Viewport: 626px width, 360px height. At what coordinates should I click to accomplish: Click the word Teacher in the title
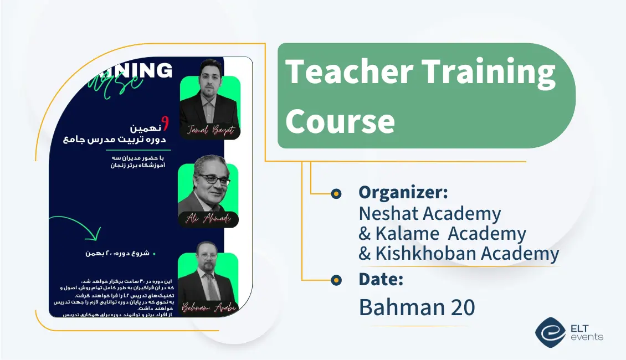point(349,73)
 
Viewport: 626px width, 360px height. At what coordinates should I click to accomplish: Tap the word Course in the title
point(340,121)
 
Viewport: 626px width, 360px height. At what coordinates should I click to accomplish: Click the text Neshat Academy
point(430,213)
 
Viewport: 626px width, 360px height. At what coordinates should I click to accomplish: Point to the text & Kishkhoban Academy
point(459,254)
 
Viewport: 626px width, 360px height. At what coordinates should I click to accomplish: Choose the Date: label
point(381,280)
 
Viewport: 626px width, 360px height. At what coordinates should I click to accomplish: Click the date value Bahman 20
point(417,307)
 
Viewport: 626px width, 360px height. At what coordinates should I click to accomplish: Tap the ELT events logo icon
point(550,331)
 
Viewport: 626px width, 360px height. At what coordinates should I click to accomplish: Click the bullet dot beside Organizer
point(336,193)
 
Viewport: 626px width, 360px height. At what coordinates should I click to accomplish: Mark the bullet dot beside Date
point(336,280)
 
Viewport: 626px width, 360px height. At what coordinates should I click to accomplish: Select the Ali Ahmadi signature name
point(208,219)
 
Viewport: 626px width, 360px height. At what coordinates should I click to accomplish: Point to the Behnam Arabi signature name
point(208,308)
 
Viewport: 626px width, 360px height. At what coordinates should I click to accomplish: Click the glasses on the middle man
point(213,179)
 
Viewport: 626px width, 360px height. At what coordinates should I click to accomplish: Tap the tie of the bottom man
point(211,285)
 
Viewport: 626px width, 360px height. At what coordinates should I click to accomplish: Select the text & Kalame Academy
point(442,234)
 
